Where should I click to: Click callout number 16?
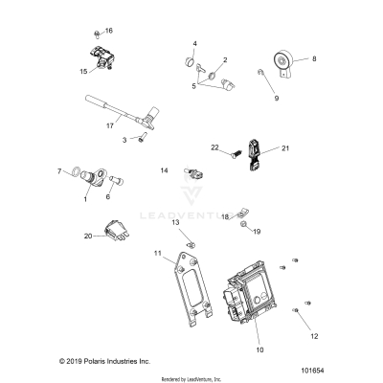coord(108,31)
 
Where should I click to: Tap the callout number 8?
coord(313,59)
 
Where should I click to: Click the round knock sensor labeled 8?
coord(282,65)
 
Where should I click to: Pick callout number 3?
coord(123,140)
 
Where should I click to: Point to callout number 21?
coord(284,149)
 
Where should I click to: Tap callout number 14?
coord(164,170)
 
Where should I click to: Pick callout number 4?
coord(194,44)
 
